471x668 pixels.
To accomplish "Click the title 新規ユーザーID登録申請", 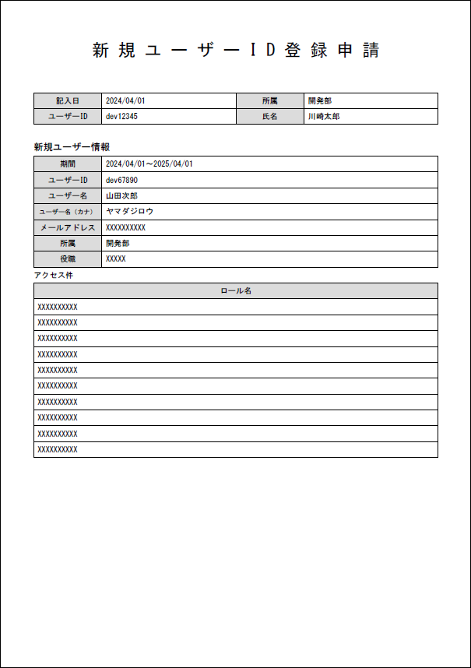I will pyautogui.click(x=235, y=51).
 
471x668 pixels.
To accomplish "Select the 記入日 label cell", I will pyautogui.click(x=68, y=100).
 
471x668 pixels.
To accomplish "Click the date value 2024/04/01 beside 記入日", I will pyautogui.click(x=125, y=100).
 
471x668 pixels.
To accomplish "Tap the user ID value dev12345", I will pyautogui.click(x=122, y=116).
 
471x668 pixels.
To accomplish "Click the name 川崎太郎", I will pyautogui.click(x=323, y=116).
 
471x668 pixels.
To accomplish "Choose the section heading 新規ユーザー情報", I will pyautogui.click(x=72, y=146).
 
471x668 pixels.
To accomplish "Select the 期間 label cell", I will pyautogui.click(x=68, y=164).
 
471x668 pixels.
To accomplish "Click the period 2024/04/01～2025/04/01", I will pyautogui.click(x=149, y=164).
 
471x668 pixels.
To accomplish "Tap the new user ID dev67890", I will pyautogui.click(x=122, y=180).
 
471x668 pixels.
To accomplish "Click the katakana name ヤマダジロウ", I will pyautogui.click(x=130, y=211).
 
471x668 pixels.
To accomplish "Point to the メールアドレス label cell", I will pyautogui.click(x=68, y=227).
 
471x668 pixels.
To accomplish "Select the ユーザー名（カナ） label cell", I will pyautogui.click(x=68, y=212).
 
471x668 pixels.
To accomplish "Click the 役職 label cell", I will pyautogui.click(x=68, y=258).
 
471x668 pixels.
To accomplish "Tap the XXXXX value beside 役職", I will pyautogui.click(x=116, y=258).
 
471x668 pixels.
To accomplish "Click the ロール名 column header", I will pyautogui.click(x=235, y=290).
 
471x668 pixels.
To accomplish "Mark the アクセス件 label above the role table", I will pyautogui.click(x=54, y=275).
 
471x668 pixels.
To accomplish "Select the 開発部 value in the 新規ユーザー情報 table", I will pyautogui.click(x=118, y=243).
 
